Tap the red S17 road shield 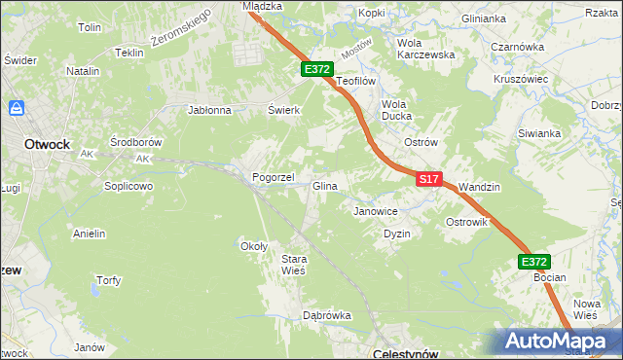[x=430, y=179]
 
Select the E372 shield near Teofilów [x=317, y=69]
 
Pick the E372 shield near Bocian [x=533, y=262]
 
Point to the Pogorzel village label [x=274, y=178]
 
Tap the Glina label [x=325, y=186]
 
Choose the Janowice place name [x=376, y=211]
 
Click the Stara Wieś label [x=294, y=265]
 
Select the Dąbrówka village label [x=326, y=315]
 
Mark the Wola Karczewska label [x=426, y=49]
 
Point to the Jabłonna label [x=209, y=110]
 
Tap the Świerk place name [x=283, y=110]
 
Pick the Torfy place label [x=108, y=281]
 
